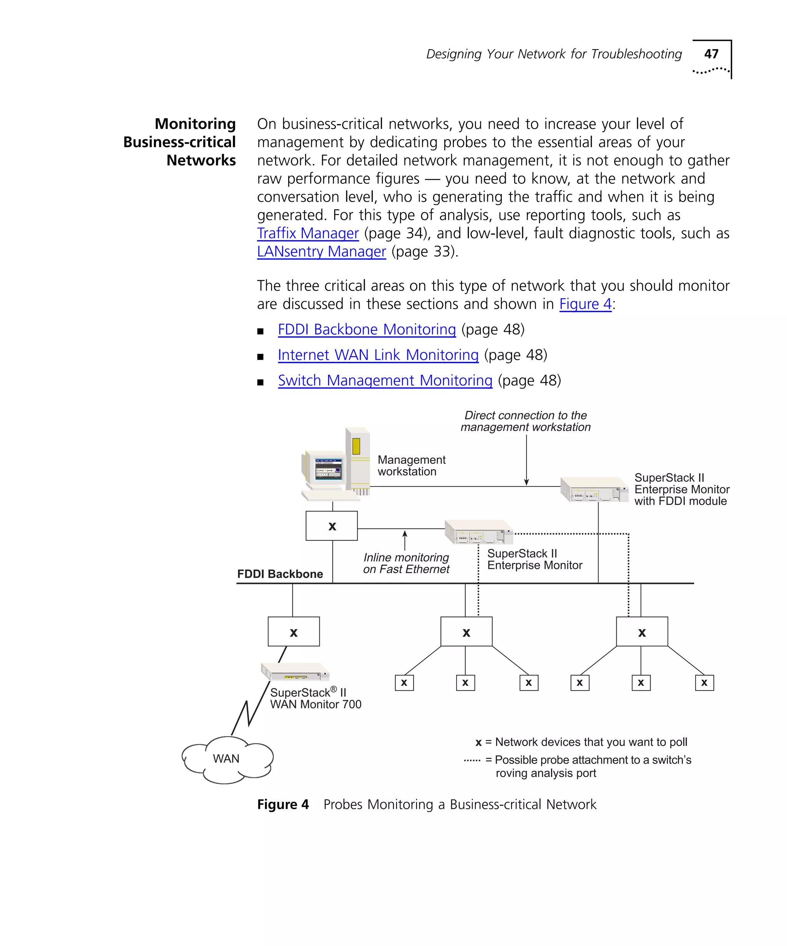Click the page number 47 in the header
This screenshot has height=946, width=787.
711,54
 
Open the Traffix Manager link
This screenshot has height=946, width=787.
308,233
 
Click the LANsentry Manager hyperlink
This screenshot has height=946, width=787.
321,251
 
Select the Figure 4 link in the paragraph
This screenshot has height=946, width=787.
585,304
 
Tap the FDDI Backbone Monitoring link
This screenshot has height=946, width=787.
367,330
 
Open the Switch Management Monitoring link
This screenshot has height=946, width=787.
385,381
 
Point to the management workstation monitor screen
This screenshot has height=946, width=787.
328,469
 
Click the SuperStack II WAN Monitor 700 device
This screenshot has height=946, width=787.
295,672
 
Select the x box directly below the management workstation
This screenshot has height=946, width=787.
332,526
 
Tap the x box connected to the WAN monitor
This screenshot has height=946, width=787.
293,632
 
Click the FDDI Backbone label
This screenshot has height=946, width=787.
280,574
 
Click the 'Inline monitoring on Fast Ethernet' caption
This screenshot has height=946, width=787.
406,563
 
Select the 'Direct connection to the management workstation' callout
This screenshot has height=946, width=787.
525,421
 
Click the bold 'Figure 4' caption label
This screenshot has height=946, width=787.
282,805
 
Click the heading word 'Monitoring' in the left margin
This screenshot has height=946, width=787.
195,124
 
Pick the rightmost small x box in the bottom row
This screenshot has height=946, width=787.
704,683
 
